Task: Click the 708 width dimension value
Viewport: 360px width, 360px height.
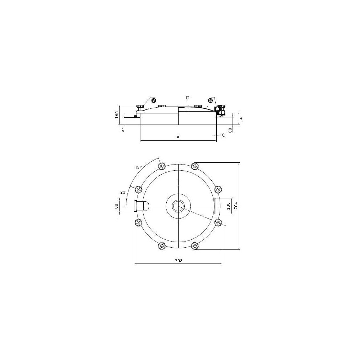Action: (179, 261)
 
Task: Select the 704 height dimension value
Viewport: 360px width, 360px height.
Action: (236, 206)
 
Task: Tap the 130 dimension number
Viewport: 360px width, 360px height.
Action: (228, 206)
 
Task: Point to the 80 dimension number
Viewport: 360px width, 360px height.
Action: (116, 206)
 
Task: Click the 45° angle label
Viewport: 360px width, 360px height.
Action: (138, 168)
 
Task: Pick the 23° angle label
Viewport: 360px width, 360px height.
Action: (123, 192)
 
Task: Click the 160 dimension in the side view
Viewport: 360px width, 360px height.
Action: (117, 115)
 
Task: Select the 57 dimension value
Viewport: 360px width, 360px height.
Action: (123, 130)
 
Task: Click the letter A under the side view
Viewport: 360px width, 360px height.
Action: (178, 137)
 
